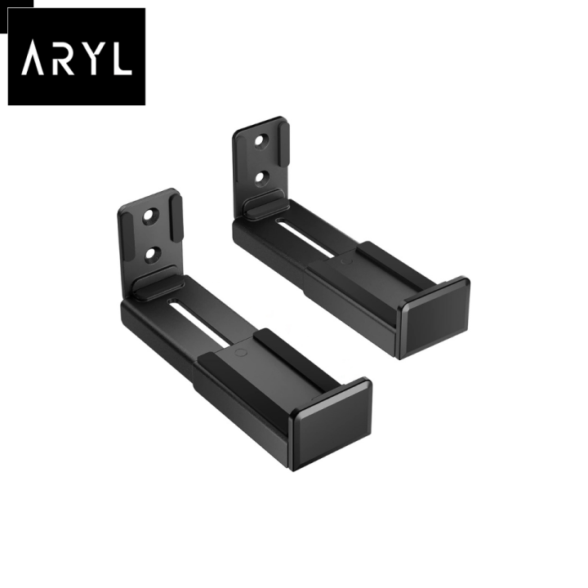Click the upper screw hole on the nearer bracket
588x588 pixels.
150,217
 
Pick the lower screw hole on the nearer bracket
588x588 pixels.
151,254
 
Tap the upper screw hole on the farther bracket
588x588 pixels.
261,140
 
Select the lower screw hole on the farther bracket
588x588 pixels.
262,176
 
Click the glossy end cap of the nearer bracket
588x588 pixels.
332,423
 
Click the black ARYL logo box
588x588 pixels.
76,56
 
